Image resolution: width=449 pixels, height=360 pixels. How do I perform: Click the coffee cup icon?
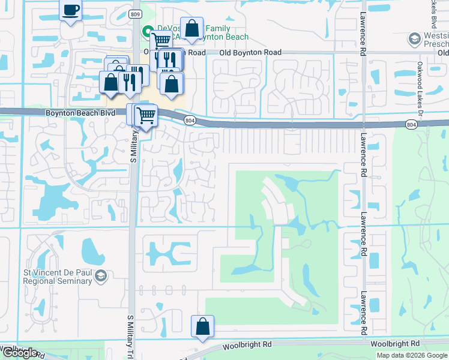71,10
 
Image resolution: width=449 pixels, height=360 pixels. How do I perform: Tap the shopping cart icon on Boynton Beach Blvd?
146,115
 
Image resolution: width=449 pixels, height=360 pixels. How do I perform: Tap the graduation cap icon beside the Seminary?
101,276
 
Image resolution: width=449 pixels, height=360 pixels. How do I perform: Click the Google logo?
19,353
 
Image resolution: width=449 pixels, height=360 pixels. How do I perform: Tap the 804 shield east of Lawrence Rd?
411,125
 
